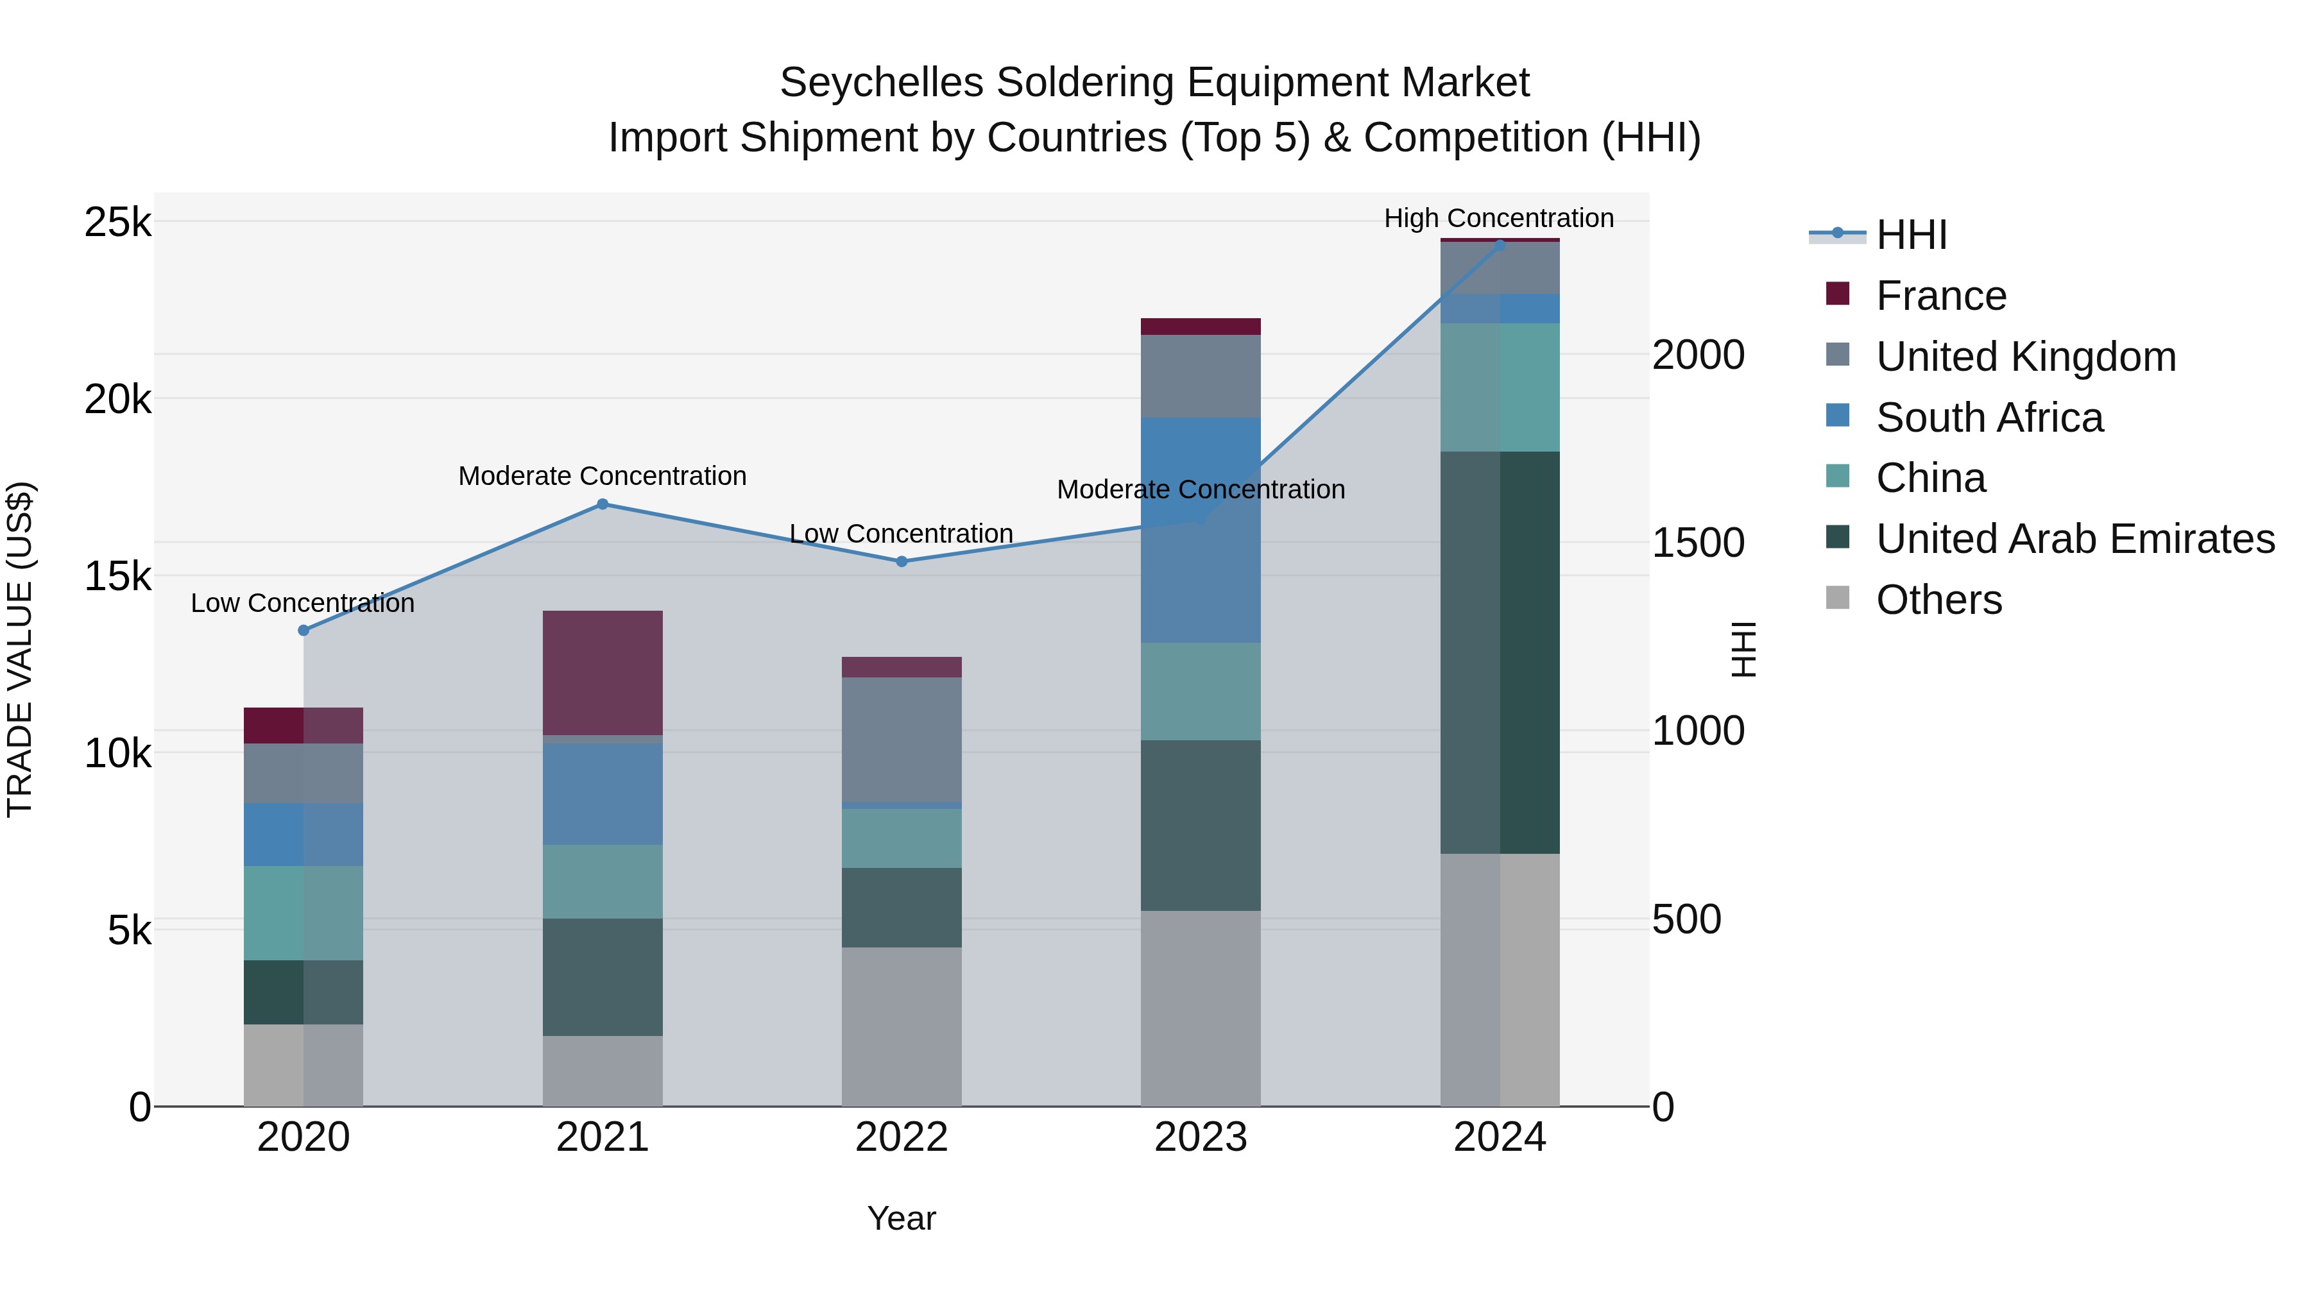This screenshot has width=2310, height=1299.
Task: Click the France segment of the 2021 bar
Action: [602, 672]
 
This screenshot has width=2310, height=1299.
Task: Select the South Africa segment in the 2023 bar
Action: [1200, 530]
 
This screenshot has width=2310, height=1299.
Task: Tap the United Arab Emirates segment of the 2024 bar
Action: [1500, 652]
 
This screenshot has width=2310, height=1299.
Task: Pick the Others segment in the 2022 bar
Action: [902, 1026]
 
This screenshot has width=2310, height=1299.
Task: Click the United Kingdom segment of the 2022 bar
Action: [902, 739]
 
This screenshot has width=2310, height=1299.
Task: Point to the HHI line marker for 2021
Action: [603, 504]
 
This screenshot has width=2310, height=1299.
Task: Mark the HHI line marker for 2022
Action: [902, 561]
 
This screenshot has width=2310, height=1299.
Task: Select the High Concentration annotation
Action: [1498, 218]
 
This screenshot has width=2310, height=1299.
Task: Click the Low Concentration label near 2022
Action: [902, 534]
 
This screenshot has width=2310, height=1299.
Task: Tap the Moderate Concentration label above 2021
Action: [602, 476]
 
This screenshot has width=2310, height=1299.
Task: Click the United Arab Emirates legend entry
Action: [2074, 539]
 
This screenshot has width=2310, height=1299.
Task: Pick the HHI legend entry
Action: [1910, 235]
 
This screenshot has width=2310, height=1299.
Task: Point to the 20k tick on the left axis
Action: [117, 399]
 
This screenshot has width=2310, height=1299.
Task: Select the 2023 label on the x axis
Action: [1200, 1137]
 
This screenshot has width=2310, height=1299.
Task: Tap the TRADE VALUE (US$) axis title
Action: [20, 649]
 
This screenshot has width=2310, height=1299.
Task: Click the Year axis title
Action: [902, 1218]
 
